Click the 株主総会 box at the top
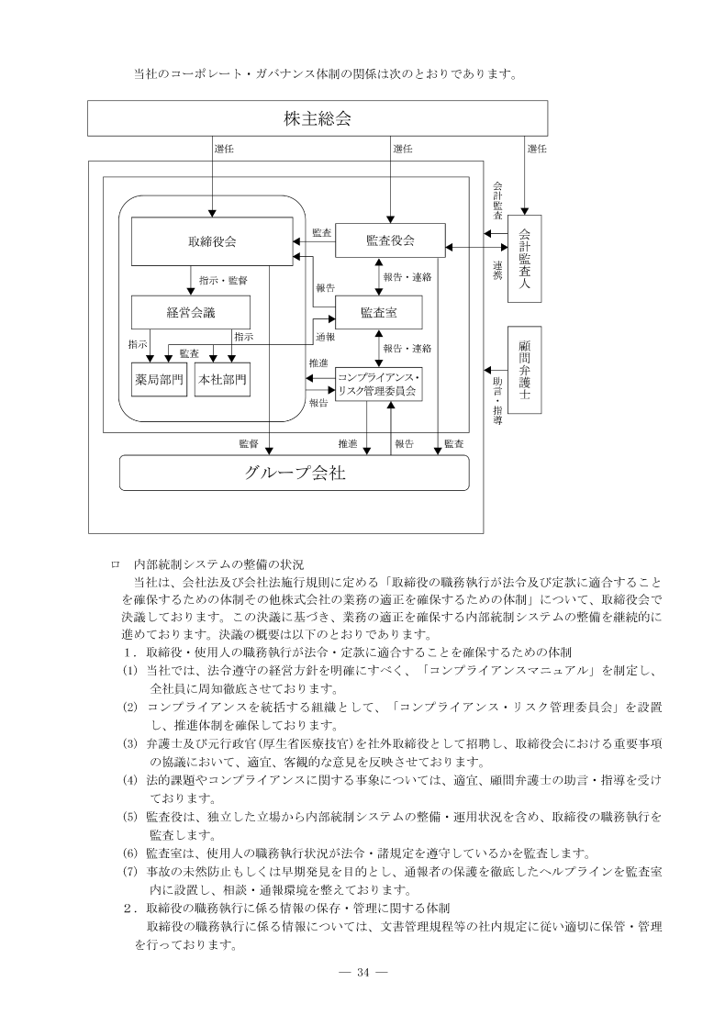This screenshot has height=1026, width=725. [318, 118]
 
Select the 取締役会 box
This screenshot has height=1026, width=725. [212, 242]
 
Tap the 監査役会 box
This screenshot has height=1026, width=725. [390, 240]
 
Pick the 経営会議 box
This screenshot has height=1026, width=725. [191, 312]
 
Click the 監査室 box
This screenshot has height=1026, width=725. [379, 313]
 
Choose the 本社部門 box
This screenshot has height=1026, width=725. [222, 378]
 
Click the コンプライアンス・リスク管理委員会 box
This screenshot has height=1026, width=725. [378, 385]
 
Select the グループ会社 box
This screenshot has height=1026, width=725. [295, 473]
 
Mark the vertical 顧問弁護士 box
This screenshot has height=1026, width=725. [525, 370]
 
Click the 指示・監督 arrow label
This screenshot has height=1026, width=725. [223, 279]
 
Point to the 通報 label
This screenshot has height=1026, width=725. [324, 336]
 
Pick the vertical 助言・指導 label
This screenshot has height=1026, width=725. [497, 400]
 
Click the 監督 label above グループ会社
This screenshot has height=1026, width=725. [248, 444]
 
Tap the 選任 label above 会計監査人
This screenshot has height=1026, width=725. [537, 148]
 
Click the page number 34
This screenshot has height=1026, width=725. [362, 973]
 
